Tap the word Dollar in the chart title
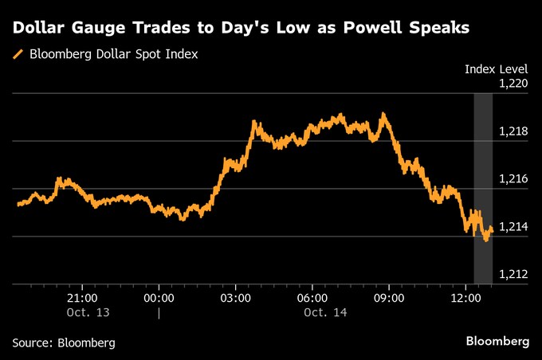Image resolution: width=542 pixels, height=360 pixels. (x=40, y=28)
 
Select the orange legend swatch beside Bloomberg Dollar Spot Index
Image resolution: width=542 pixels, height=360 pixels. (x=18, y=55)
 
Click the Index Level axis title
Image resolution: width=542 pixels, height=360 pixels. (x=496, y=69)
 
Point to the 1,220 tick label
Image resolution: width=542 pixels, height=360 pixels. (x=513, y=83)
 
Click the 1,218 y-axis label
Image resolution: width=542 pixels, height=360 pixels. (x=513, y=131)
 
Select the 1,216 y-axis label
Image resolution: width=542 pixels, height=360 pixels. (x=513, y=178)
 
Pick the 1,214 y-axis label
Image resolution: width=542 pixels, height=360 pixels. (x=513, y=227)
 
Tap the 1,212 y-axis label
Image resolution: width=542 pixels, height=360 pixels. (x=513, y=275)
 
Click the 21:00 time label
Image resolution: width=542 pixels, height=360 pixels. (x=82, y=297)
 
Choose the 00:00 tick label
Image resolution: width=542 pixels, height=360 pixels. (x=159, y=297)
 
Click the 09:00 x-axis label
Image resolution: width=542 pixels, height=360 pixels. (x=390, y=297)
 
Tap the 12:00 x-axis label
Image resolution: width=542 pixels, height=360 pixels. (x=466, y=297)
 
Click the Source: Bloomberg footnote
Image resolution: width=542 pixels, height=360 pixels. (x=64, y=342)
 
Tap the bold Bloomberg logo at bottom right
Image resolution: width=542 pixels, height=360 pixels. (x=497, y=342)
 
